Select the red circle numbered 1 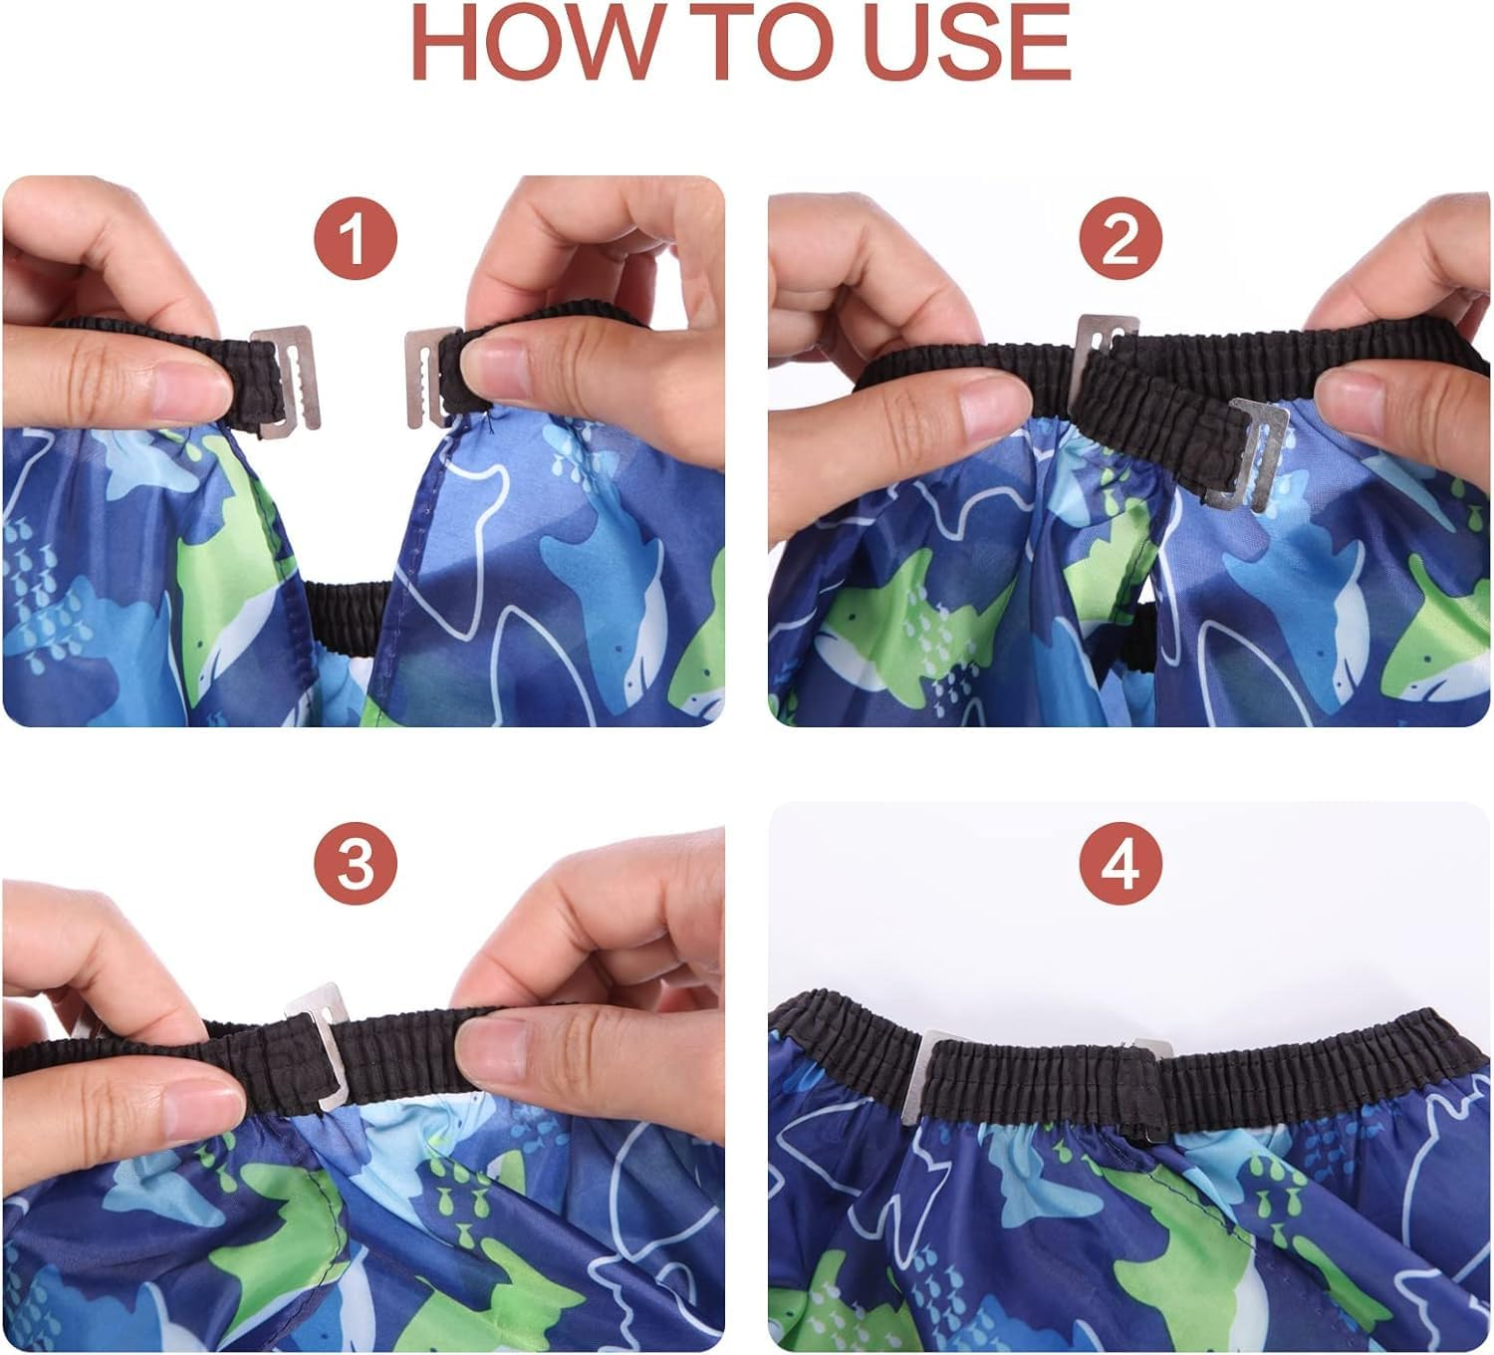pos(356,238)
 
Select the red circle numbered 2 pos(1120,238)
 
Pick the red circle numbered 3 pos(356,864)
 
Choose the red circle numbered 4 pos(1120,864)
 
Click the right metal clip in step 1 pos(428,378)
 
